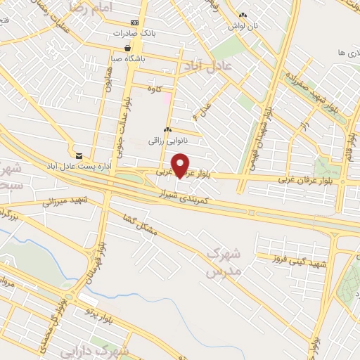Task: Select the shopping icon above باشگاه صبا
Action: pos(127,48)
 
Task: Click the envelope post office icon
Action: pos(79,155)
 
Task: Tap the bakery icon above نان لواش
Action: pos(243,15)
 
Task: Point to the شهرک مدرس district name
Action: pos(224,262)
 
